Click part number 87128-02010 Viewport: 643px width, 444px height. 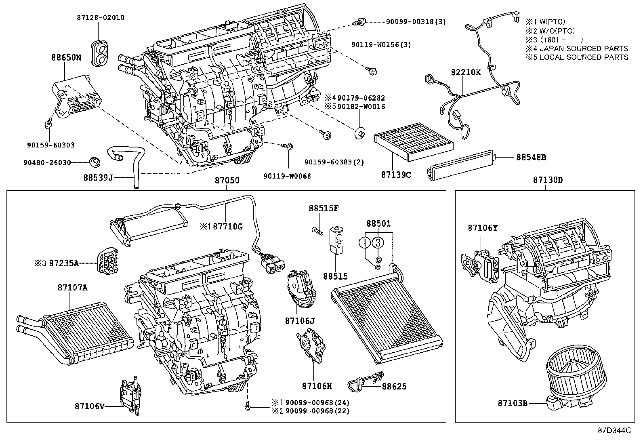(x=100, y=18)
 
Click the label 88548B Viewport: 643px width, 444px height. (x=531, y=157)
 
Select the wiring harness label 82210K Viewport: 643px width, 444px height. (x=466, y=72)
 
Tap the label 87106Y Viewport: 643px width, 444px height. (x=483, y=228)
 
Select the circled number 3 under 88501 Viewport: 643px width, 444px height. (x=377, y=242)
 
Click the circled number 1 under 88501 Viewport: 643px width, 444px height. (x=365, y=242)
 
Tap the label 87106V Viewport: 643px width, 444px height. (x=89, y=405)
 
